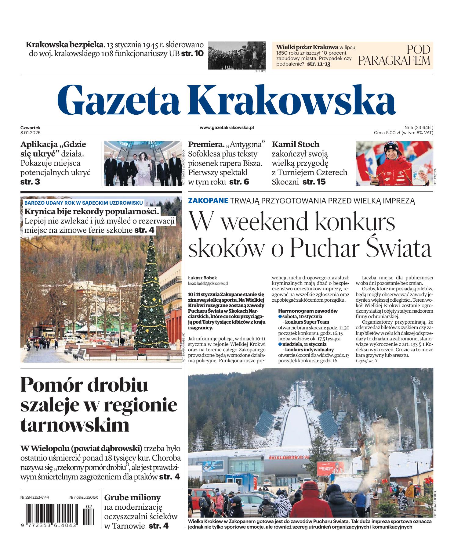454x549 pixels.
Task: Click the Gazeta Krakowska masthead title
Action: pos(226,99)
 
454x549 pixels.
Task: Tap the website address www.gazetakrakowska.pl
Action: pos(227,128)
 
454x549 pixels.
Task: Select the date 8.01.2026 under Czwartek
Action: pos(31,133)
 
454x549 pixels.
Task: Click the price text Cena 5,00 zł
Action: pos(387,133)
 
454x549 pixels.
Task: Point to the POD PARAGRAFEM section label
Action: pos(394,55)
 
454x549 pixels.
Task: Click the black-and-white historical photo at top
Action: pos(237,55)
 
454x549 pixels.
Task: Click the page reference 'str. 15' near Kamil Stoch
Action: pos(314,182)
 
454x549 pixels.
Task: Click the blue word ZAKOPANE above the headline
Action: pos(208,201)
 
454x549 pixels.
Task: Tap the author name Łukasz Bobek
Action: pos(202,278)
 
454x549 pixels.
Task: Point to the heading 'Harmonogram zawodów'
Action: pos(308,311)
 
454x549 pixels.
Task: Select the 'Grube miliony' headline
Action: pos(132,497)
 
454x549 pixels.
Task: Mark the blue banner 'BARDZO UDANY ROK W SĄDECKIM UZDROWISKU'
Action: pos(83,203)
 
